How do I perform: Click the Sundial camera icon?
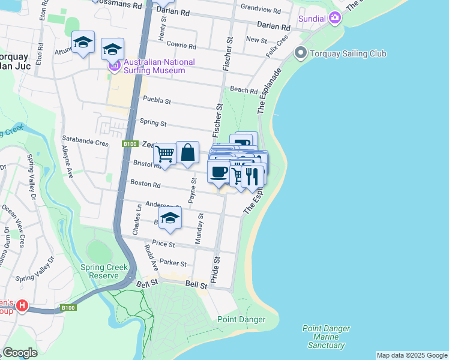[x=335, y=18]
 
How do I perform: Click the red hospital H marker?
[x=22, y=306]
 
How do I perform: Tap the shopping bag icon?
[x=188, y=153]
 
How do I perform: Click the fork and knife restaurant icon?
[x=252, y=175]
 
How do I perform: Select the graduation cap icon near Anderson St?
[x=170, y=220]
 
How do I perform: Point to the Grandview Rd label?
[x=261, y=8]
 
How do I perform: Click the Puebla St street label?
[x=156, y=101]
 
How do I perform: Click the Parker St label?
[x=173, y=263]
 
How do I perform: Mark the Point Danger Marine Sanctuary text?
[x=326, y=337]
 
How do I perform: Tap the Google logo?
[x=20, y=353]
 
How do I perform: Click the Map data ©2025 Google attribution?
[x=411, y=355]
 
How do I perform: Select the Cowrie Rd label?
[x=181, y=46]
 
